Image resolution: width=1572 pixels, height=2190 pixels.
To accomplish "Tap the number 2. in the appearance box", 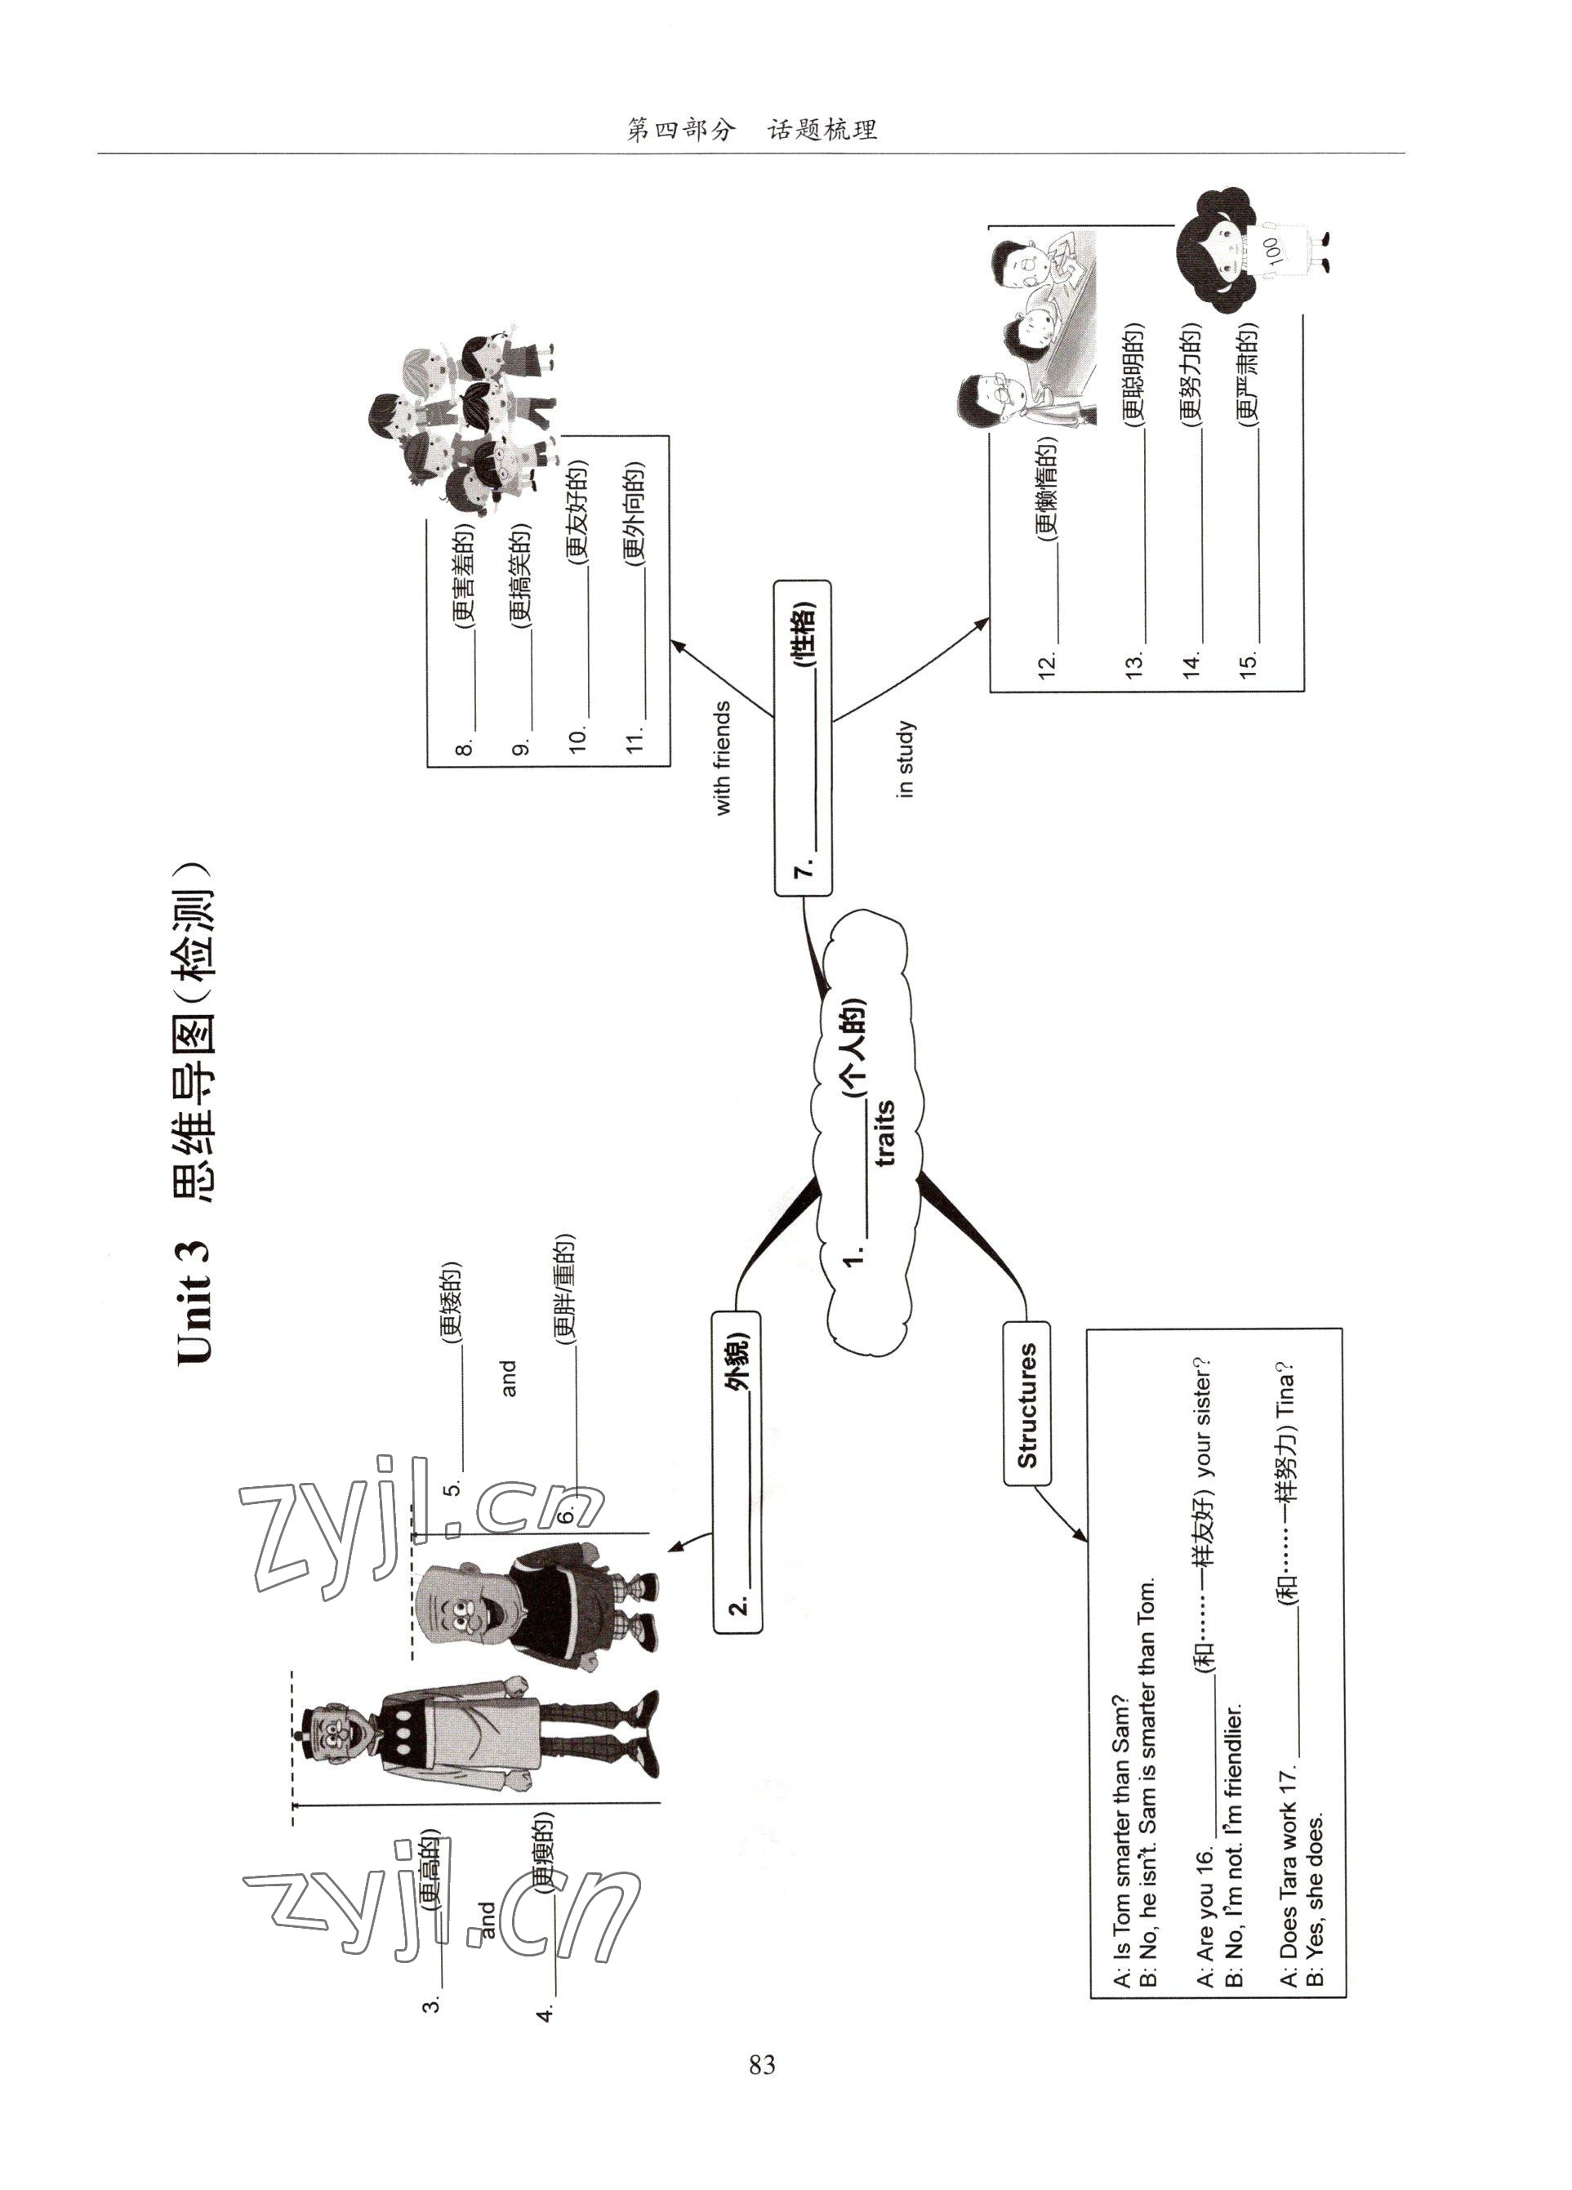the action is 737,1606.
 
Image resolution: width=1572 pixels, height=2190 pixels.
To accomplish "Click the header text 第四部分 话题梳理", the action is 751,129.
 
